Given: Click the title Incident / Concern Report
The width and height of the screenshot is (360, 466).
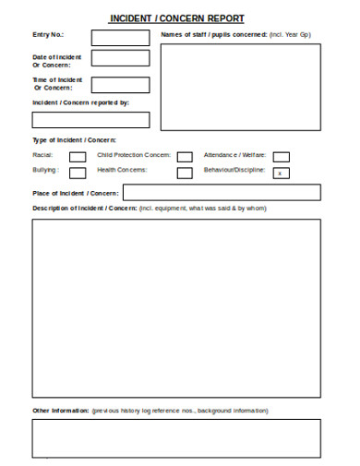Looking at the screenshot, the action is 177,18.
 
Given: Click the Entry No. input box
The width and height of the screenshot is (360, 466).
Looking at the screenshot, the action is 120,38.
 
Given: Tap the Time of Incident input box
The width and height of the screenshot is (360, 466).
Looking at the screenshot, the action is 120,84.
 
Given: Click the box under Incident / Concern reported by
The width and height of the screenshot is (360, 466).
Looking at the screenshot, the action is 90,119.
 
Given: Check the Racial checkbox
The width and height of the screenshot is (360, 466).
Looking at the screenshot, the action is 78,157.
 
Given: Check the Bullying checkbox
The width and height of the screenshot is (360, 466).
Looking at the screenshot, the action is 78,172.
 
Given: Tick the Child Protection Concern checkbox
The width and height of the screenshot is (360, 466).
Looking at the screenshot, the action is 186,157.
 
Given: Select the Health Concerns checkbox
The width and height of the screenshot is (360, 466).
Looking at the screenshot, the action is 186,173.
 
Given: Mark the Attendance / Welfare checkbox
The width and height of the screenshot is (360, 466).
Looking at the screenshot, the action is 282,157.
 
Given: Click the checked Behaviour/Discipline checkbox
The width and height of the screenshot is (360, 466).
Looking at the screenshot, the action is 282,173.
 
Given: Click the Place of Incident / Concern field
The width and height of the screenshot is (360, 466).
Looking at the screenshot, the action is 222,192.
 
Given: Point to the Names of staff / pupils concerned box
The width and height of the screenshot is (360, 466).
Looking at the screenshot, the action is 241,90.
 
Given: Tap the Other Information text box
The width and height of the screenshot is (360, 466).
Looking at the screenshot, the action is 177,437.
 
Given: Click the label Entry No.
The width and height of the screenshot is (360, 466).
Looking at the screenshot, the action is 49,35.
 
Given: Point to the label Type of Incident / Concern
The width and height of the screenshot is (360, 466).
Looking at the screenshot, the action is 74,139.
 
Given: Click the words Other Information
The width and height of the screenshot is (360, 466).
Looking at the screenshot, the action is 61,410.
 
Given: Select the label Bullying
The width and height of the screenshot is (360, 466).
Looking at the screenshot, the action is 46,171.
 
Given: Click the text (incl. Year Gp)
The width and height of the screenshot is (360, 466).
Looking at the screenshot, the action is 290,34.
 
